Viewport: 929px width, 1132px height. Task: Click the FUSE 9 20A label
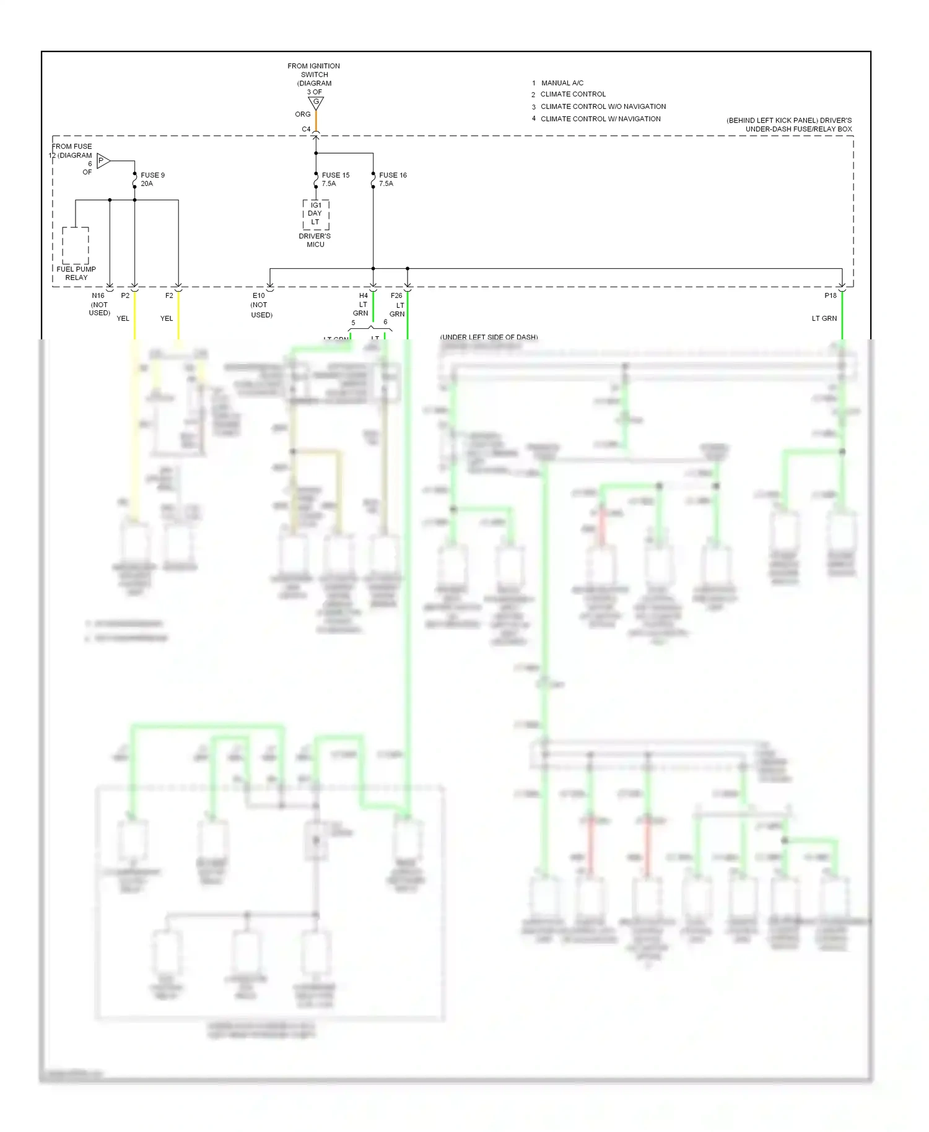(x=152, y=179)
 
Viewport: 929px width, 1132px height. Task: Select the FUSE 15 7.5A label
(x=335, y=179)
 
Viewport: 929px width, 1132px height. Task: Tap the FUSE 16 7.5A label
(x=392, y=179)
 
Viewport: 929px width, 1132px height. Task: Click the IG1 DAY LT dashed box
(x=316, y=214)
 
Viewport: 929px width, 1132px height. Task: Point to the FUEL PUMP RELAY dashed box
(x=76, y=245)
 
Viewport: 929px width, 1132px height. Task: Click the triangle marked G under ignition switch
(x=316, y=102)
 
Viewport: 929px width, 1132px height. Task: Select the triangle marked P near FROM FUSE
(x=103, y=161)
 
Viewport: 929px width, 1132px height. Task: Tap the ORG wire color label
(x=302, y=115)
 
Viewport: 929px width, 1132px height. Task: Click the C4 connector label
(x=306, y=129)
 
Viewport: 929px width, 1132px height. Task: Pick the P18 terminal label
(x=830, y=295)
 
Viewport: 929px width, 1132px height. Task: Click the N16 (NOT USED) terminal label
(x=99, y=304)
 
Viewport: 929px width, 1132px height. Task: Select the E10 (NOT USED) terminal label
(x=261, y=305)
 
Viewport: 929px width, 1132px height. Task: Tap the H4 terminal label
(x=364, y=295)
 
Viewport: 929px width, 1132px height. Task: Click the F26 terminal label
(x=396, y=295)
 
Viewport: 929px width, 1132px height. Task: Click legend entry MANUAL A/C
(x=562, y=83)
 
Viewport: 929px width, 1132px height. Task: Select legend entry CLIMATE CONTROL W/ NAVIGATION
(x=600, y=119)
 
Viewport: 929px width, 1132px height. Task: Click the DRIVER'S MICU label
(x=315, y=240)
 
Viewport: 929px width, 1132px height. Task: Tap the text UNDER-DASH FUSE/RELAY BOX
(x=798, y=129)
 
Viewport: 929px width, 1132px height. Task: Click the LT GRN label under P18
(x=824, y=318)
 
